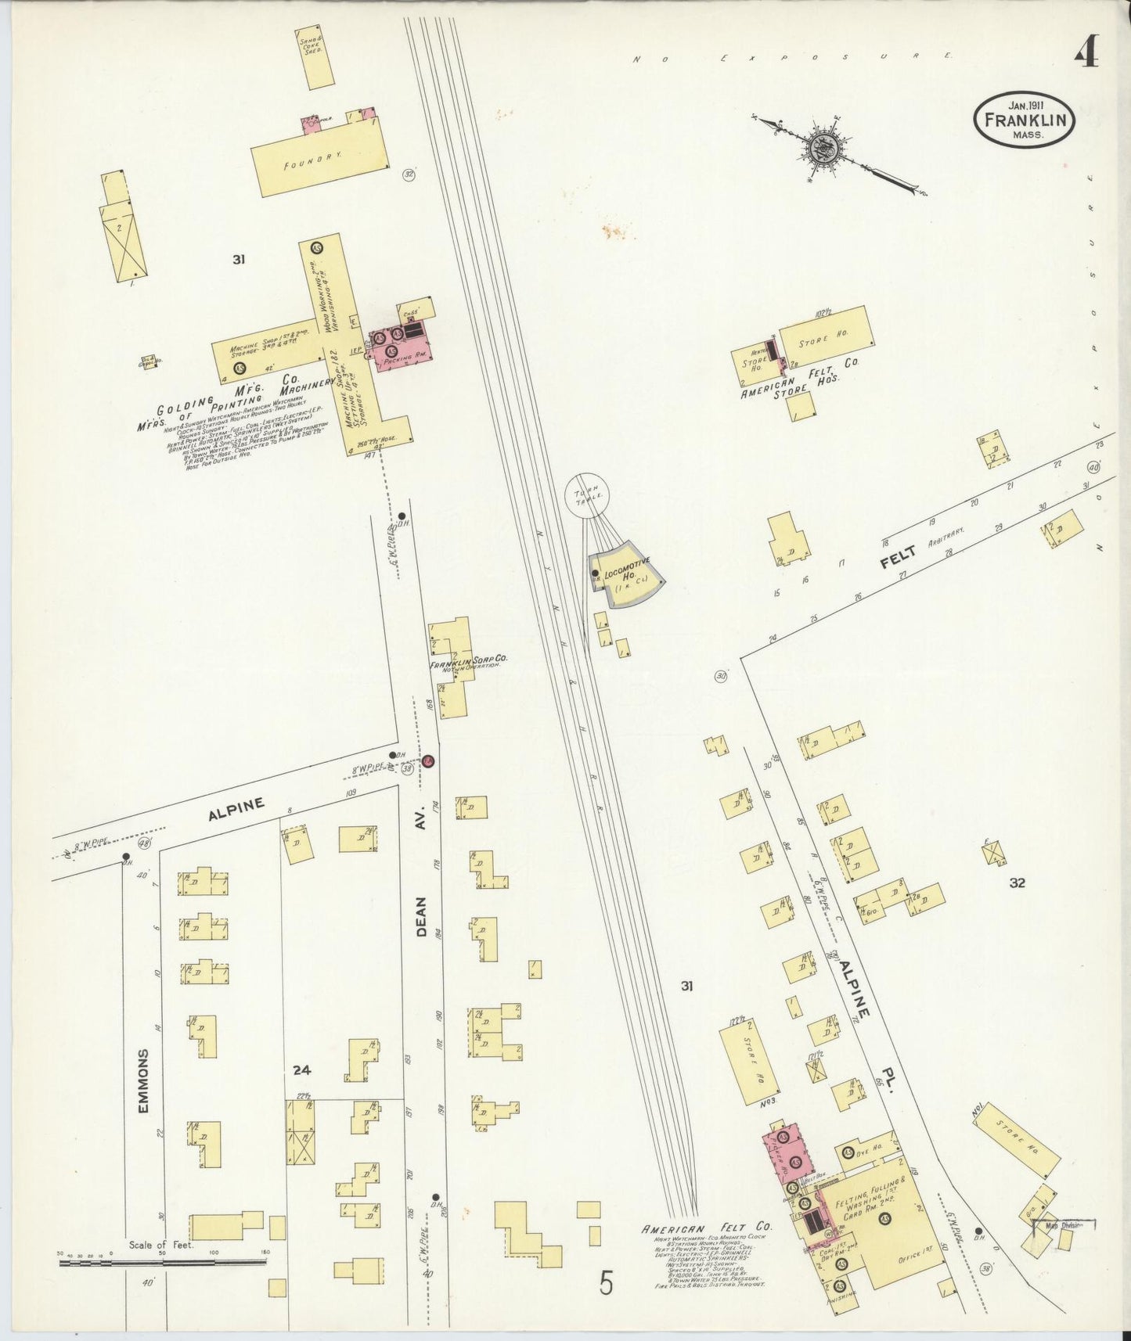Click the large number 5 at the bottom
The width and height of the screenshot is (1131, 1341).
[x=607, y=1284]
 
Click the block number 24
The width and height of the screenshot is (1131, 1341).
[x=302, y=1070]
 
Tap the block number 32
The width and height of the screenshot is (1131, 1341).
[x=1017, y=883]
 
